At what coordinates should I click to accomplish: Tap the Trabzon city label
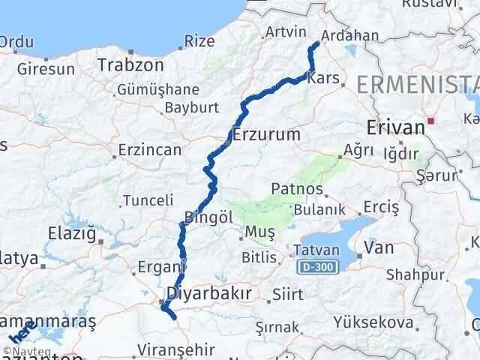pos(130,65)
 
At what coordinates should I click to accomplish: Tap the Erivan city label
pos(396,127)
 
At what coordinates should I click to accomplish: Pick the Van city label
pos(378,247)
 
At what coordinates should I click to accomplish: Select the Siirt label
pos(289,295)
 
